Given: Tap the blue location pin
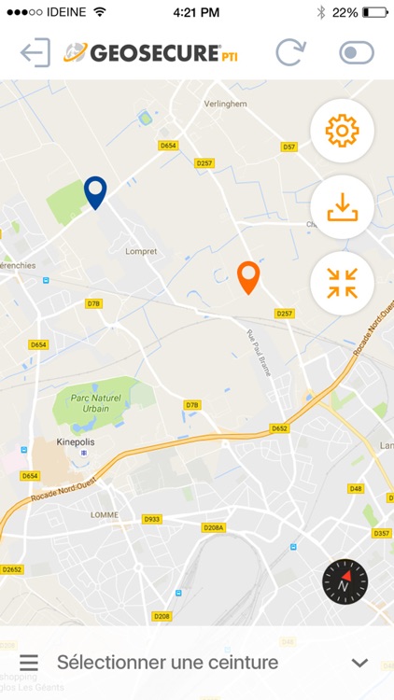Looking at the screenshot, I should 95,191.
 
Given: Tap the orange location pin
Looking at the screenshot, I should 247,276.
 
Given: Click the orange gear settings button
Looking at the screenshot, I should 342,132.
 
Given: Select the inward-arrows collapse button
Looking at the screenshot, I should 342,283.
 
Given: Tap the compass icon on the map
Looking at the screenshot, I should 345,583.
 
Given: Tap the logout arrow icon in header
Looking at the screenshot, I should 35,52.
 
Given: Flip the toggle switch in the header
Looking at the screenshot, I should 356,52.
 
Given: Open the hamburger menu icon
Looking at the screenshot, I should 29,663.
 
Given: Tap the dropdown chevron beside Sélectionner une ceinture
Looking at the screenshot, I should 359,663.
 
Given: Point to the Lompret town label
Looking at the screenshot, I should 141,251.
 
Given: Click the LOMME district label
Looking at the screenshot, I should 103,514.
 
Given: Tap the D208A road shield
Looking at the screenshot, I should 214,527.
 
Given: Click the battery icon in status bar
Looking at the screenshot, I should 375,12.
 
